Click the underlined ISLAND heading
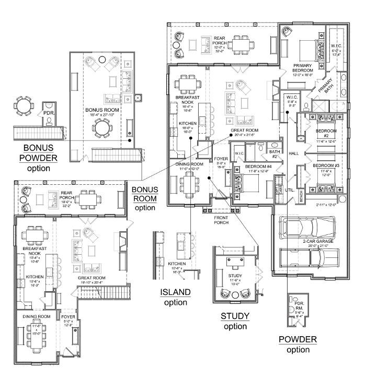click(175, 292)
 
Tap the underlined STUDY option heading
click(234, 316)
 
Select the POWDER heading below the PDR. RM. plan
click(297, 339)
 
